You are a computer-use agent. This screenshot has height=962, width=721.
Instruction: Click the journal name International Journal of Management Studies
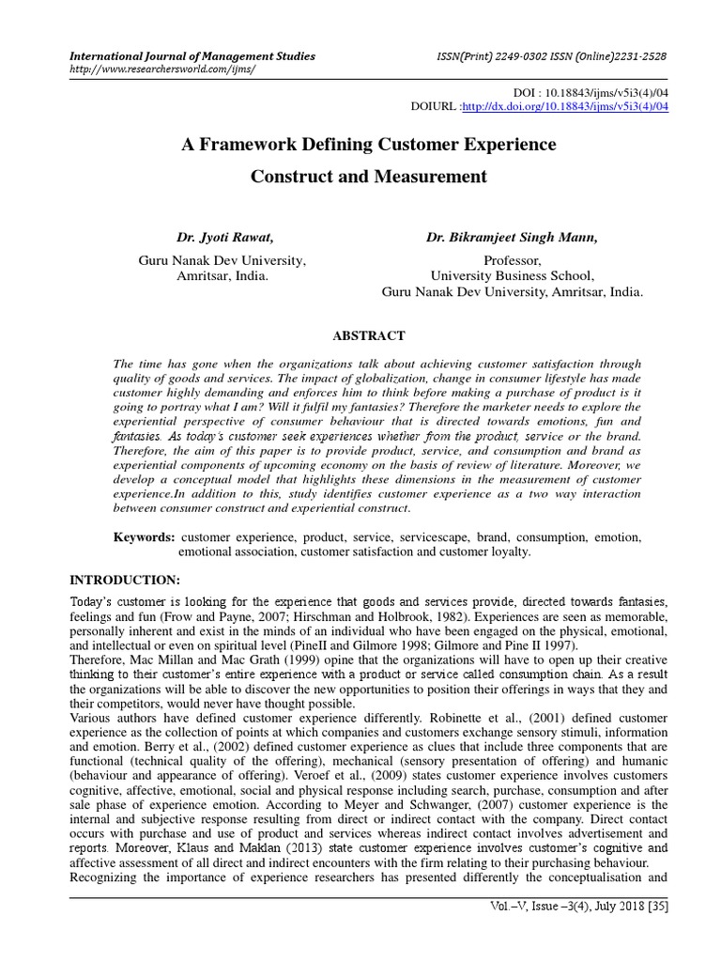[x=193, y=56]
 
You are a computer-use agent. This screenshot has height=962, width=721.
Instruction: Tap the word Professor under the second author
[x=512, y=260]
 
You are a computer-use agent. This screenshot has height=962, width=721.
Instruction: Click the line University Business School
[x=512, y=276]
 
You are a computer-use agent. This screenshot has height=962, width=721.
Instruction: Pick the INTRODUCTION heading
[x=125, y=578]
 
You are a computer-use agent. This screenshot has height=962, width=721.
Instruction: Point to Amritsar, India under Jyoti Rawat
[x=221, y=276]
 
